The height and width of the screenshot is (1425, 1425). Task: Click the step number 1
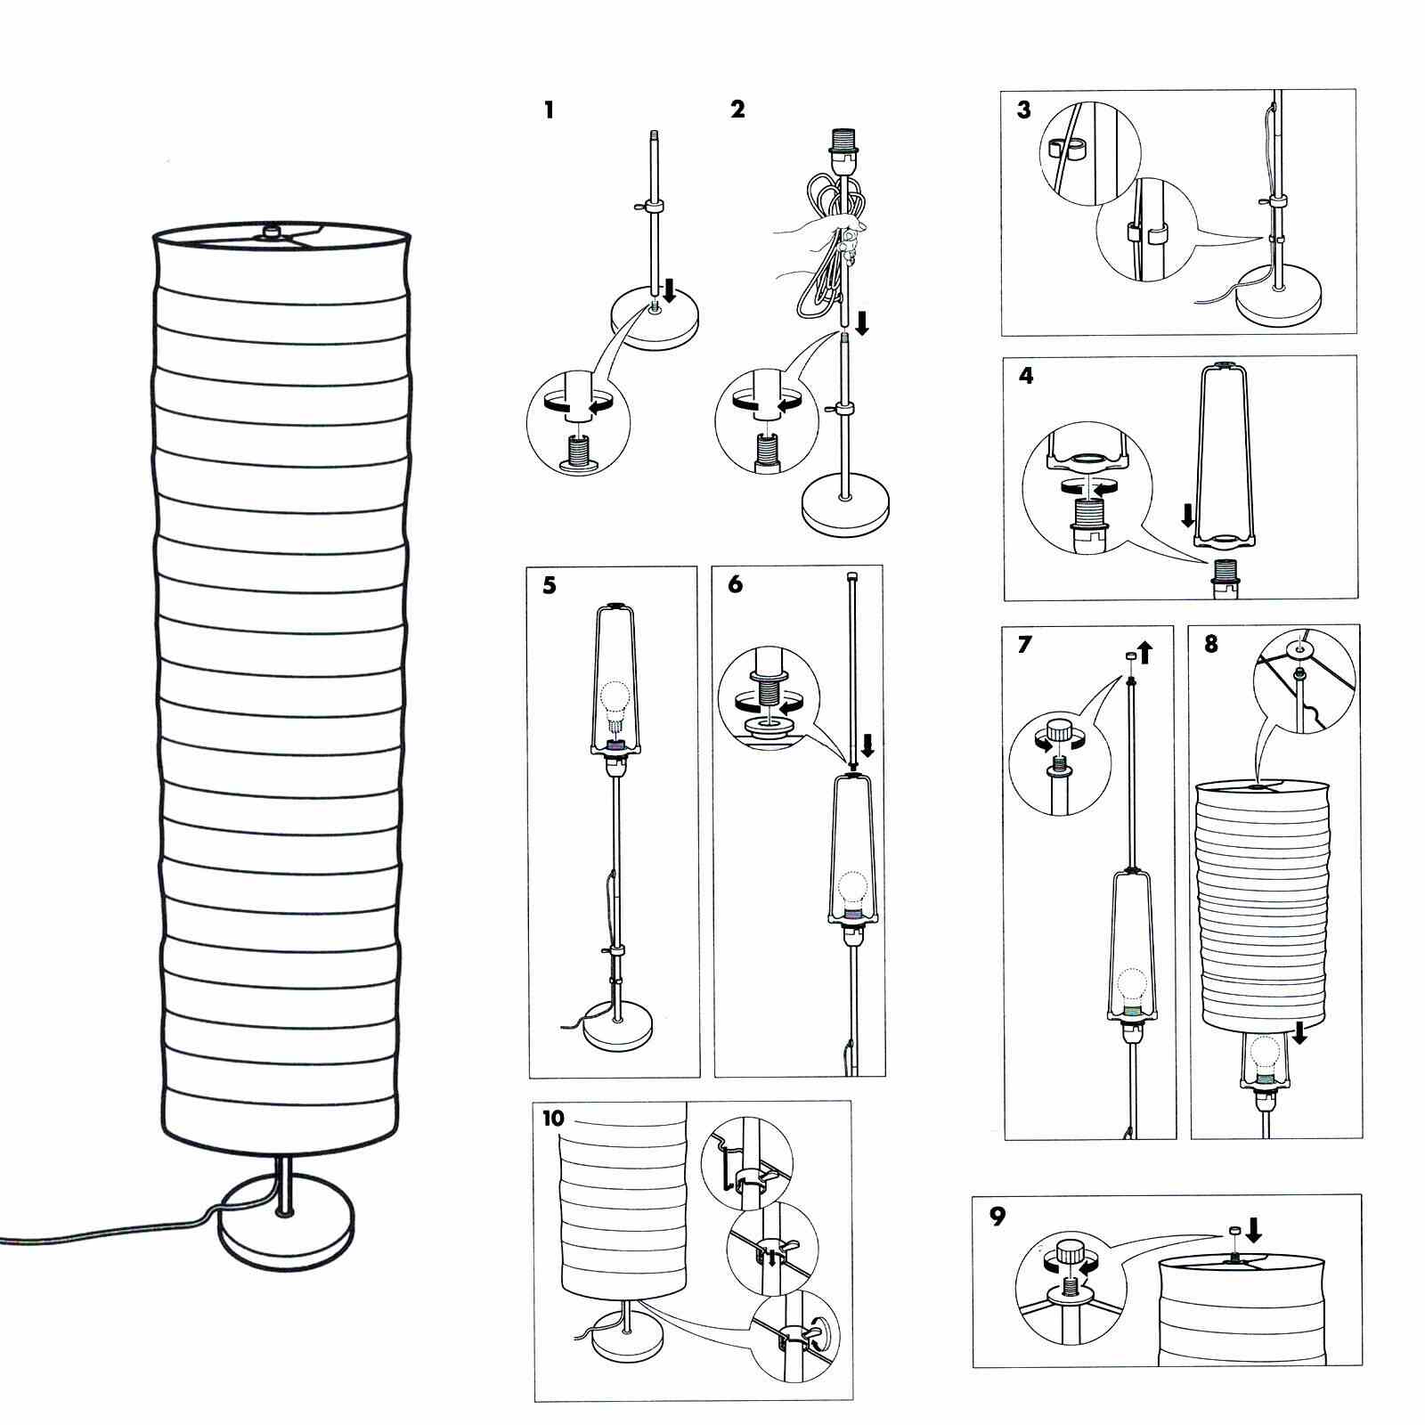[x=549, y=110]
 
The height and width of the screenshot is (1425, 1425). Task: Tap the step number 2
[x=737, y=110]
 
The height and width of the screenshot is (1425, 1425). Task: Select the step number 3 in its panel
[x=1024, y=110]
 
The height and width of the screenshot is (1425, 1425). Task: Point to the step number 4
[x=1026, y=376]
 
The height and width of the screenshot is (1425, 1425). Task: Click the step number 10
[x=553, y=1119]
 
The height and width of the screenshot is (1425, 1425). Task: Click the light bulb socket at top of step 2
[x=843, y=142]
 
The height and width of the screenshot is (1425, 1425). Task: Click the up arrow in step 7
[x=1144, y=653]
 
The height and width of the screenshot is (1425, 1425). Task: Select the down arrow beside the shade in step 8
[x=1299, y=1033]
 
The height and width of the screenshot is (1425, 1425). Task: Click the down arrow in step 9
[x=1253, y=1230]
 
